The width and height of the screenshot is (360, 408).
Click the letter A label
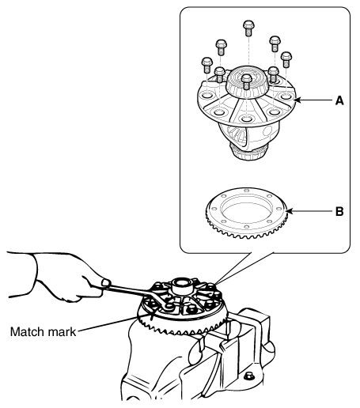tap(339, 100)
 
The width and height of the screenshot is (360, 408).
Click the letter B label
tap(339, 211)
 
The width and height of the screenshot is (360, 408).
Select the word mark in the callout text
tap(62, 331)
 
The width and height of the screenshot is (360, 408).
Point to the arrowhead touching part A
tap(296, 100)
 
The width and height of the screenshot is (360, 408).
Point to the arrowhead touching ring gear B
tap(289, 211)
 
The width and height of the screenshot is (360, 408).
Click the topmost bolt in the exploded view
tap(248, 28)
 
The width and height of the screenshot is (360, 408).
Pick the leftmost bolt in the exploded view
tap(207, 65)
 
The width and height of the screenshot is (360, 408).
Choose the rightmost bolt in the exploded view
tap(286, 59)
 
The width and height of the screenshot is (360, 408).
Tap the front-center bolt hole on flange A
tap(247, 119)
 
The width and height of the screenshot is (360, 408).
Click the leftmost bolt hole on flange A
tap(207, 95)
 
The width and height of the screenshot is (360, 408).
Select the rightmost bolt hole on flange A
tap(286, 96)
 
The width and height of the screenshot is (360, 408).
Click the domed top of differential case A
tap(247, 81)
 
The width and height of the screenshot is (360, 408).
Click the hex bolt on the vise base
tap(248, 376)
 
